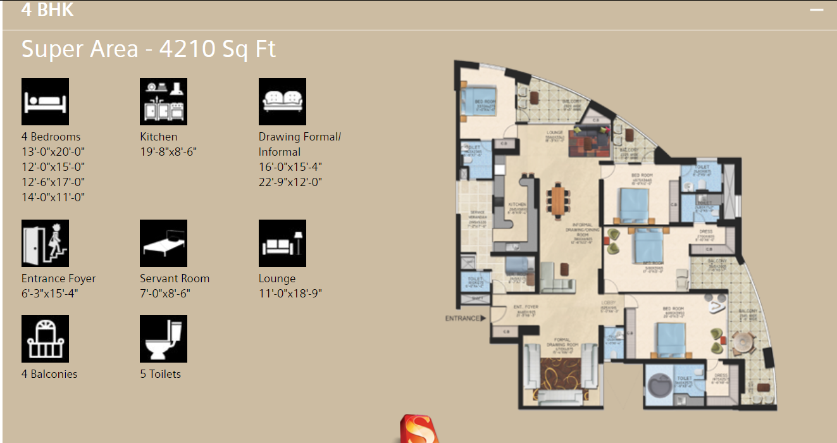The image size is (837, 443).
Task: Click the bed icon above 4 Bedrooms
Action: (45, 101)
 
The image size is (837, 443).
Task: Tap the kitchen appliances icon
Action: (163, 101)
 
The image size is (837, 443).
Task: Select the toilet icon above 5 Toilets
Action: (163, 339)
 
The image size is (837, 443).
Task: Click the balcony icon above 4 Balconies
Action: (45, 339)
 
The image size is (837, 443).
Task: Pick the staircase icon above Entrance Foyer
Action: (45, 243)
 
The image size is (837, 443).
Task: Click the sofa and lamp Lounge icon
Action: (282, 243)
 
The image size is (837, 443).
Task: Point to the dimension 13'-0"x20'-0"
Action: (53, 152)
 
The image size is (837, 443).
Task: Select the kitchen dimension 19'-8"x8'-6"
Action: (168, 152)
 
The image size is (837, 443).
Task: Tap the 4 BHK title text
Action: (47, 10)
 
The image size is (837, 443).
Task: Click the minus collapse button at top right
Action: (817, 10)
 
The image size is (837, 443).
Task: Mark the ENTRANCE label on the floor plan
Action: (462, 318)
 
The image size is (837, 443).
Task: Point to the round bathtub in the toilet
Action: (660, 384)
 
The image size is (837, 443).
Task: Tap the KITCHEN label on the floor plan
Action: (518, 204)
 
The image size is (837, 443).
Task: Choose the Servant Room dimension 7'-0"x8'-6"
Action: (165, 294)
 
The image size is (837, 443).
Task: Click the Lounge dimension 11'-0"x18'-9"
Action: (290, 294)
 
